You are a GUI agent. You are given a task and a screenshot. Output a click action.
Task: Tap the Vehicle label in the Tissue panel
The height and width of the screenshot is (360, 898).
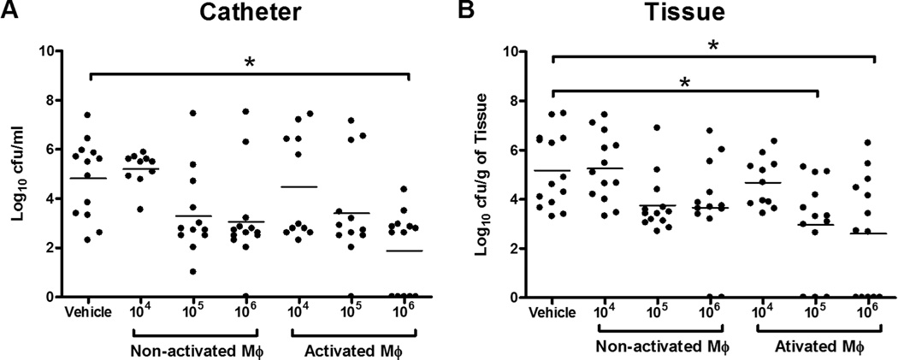[x=553, y=313]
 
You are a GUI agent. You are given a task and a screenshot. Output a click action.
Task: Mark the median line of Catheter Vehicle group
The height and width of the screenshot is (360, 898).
[x=88, y=178]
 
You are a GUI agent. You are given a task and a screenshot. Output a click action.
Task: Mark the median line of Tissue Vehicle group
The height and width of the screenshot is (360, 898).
[x=553, y=170]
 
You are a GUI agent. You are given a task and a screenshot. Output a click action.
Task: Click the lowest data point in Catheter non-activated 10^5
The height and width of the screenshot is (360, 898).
[x=192, y=271]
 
